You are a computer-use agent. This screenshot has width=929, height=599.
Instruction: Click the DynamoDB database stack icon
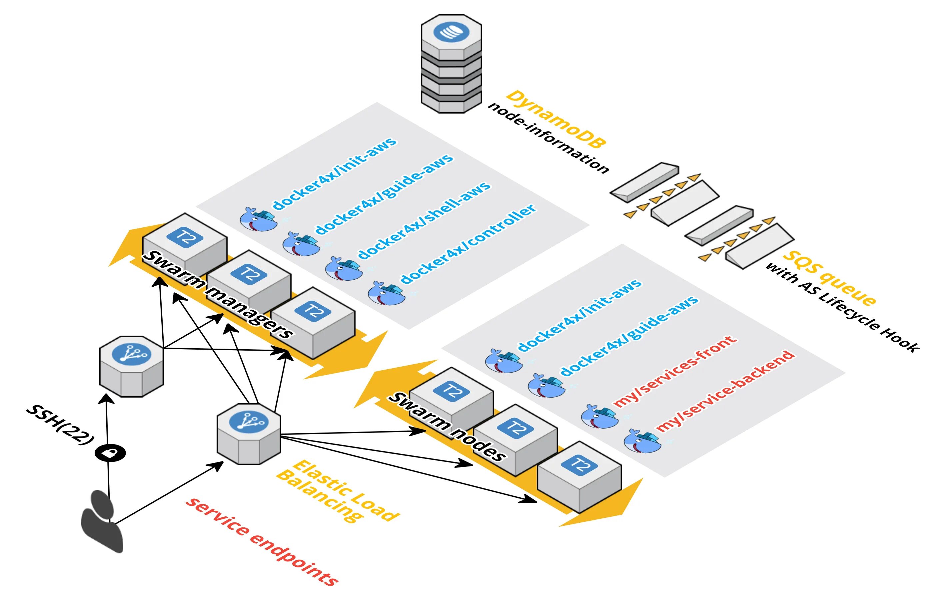[451, 64]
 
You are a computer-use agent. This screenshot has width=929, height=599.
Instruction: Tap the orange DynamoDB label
[555, 119]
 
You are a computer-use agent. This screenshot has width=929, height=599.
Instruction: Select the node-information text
[548, 138]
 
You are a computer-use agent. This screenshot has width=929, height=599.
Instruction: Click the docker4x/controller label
[468, 243]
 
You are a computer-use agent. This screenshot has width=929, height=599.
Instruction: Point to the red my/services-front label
[674, 372]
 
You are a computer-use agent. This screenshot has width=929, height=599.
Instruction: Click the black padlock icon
[110, 453]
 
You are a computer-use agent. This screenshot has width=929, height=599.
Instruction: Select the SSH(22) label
[60, 425]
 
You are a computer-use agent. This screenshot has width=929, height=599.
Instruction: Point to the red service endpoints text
[262, 541]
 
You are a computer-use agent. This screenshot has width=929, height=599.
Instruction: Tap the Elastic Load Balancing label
[337, 491]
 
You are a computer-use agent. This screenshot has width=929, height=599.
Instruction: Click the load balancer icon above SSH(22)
[131, 366]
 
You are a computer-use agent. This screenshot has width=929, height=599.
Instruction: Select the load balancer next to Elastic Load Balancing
[249, 434]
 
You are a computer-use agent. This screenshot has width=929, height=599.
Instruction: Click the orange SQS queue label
[829, 277]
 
